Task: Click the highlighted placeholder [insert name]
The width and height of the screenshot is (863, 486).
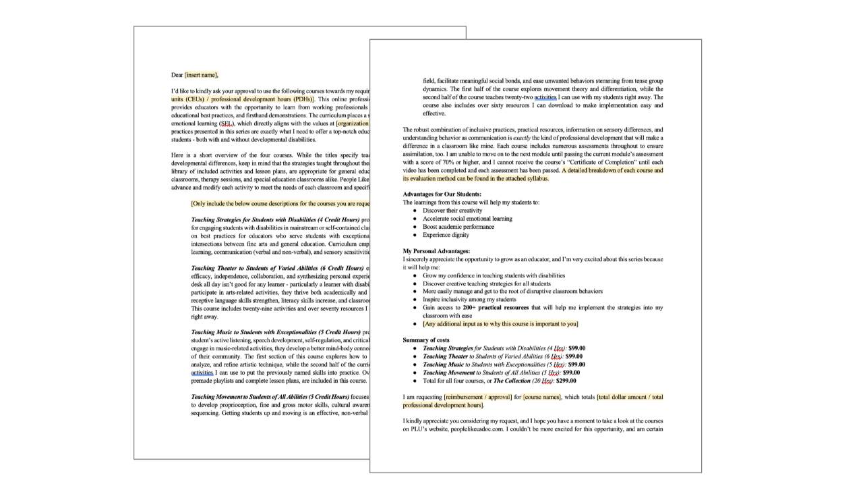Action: click(x=201, y=75)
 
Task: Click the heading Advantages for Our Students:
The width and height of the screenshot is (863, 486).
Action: click(x=442, y=194)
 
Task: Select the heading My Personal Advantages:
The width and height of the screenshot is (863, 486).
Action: click(x=436, y=251)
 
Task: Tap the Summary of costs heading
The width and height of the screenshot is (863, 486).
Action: click(x=426, y=340)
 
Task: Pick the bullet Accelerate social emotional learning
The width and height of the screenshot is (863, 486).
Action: click(x=467, y=219)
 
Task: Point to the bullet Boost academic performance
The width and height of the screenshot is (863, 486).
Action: click(x=458, y=227)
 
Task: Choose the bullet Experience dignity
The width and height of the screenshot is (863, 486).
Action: click(x=446, y=235)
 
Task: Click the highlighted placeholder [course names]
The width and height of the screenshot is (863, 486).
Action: click(x=542, y=397)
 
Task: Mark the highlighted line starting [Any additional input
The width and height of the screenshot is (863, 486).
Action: click(x=500, y=324)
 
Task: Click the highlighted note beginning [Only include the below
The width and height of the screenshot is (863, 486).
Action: click(x=280, y=203)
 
